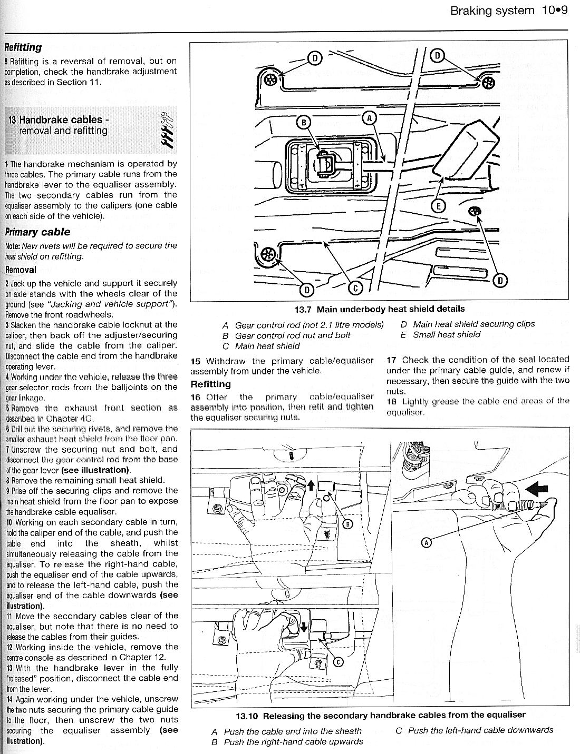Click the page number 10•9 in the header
click(x=554, y=11)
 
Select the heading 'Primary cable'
click(x=37, y=232)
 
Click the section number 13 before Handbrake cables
click(x=12, y=120)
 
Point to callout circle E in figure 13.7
click(x=437, y=206)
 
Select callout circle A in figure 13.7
click(x=369, y=118)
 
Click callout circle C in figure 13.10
click(x=339, y=662)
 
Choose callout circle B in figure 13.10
click(x=347, y=523)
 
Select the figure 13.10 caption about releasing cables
click(x=381, y=715)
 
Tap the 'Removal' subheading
click(x=21, y=270)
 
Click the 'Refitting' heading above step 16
click(x=210, y=384)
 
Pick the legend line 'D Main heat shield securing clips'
click(x=468, y=324)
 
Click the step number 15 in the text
click(x=196, y=361)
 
